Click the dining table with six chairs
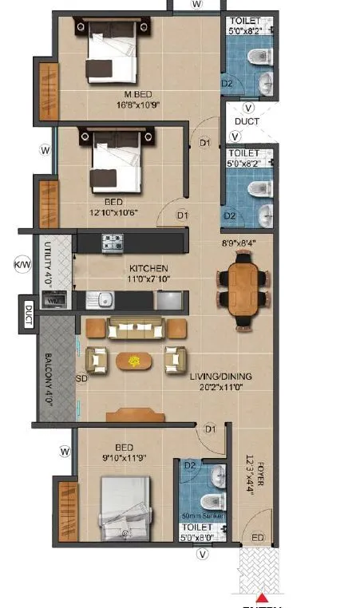242,287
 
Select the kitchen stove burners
112,243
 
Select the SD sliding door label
80,377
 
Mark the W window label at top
196,4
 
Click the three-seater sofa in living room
136,328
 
